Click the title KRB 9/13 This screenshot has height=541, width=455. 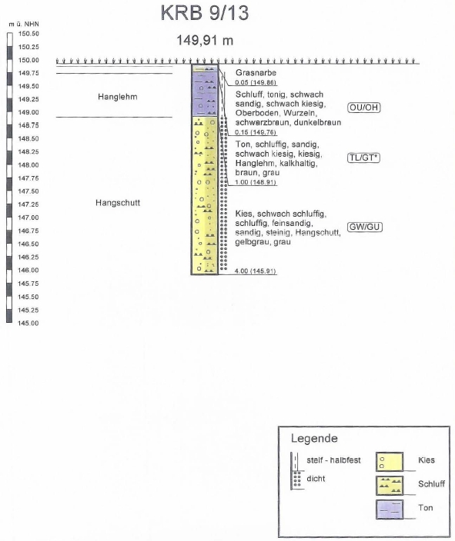tap(205, 13)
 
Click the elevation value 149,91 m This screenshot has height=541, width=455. tap(205, 41)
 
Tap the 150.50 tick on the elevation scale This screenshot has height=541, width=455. tap(28, 34)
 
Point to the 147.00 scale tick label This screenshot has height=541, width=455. tap(28, 217)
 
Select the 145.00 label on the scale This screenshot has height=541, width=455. tap(28, 324)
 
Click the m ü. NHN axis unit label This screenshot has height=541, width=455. tap(24, 24)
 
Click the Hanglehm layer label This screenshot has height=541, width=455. tap(118, 97)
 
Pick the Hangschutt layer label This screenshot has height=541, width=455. tap(118, 203)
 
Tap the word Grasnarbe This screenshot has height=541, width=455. tap(256, 72)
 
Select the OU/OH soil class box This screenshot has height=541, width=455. tap(363, 108)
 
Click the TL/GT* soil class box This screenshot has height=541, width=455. tap(363, 158)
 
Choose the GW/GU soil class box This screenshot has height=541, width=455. tap(365, 227)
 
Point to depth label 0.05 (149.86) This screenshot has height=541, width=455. tap(256, 82)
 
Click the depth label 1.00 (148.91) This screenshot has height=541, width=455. tap(256, 182)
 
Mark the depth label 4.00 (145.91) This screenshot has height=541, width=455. tap(255, 270)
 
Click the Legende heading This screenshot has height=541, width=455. tap(314, 438)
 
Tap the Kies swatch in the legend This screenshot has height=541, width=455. tap(390, 462)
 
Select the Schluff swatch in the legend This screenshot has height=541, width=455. tap(390, 485)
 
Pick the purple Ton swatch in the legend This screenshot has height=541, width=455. tap(390, 509)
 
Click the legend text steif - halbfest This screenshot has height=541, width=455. tap(333, 460)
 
